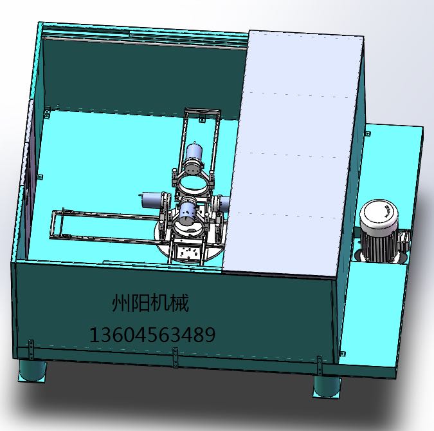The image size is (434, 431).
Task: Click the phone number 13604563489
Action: [x=152, y=334]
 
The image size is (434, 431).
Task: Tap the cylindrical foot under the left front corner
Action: [x=32, y=371]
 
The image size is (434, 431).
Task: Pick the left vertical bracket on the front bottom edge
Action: [x=31, y=350]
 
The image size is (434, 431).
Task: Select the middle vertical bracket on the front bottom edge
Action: [x=175, y=358]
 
